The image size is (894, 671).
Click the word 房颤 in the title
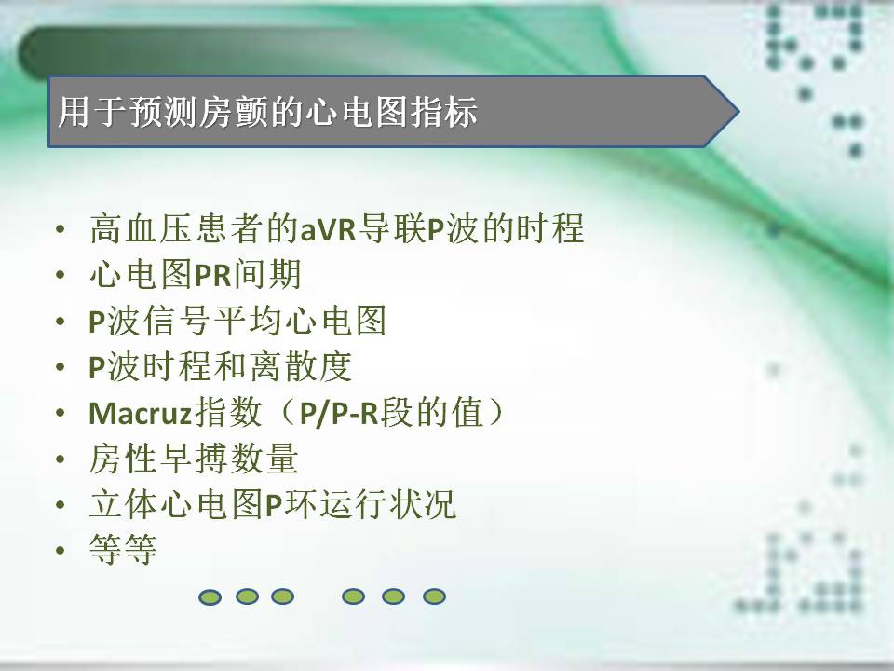point(235,111)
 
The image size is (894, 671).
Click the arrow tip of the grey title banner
point(738,111)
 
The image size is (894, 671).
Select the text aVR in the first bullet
point(329,229)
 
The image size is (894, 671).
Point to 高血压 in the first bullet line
point(142,229)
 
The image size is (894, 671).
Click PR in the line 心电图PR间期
point(213,275)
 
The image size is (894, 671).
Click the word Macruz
point(141,413)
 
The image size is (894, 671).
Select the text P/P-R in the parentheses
point(339,413)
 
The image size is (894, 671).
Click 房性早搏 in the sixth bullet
point(159,459)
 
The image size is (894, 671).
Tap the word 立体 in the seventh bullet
point(124,504)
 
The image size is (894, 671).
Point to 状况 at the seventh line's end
point(423,504)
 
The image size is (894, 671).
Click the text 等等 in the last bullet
point(123,550)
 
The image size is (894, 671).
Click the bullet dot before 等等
point(61,551)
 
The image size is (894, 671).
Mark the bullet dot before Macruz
point(61,413)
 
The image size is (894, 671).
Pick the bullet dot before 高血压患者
point(61,229)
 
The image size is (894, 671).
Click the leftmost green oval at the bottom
point(210,597)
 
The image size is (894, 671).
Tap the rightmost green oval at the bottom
point(435,596)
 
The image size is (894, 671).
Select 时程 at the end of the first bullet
point(550,229)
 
